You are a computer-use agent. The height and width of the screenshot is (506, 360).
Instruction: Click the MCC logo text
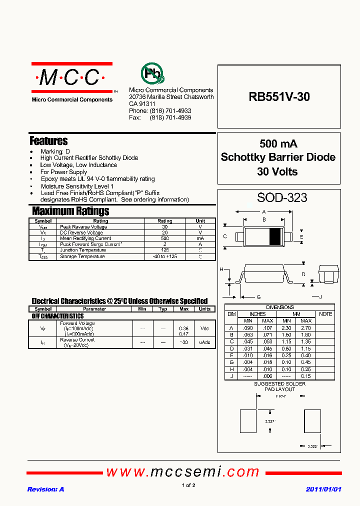(70, 77)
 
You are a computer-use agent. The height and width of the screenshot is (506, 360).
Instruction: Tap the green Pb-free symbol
(151, 73)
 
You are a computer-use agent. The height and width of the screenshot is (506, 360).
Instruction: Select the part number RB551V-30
(279, 97)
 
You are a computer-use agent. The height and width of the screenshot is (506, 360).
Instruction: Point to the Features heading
(48, 141)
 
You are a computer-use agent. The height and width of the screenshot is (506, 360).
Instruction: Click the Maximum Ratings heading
(70, 211)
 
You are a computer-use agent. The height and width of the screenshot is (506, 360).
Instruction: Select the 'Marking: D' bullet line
(55, 151)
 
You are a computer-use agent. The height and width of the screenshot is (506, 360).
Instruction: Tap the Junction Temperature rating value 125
(164, 250)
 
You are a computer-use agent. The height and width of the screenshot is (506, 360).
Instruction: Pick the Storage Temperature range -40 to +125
(164, 256)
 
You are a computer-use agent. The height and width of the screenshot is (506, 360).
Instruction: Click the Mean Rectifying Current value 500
(164, 238)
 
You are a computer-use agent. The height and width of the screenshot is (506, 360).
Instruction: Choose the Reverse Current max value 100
(184, 342)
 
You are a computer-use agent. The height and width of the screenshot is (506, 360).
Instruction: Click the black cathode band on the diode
(274, 236)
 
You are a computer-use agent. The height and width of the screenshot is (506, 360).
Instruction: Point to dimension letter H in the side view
(221, 269)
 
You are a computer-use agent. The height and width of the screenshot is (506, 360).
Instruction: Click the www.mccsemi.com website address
(183, 471)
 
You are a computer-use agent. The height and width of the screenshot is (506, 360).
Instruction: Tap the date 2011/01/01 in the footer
(323, 489)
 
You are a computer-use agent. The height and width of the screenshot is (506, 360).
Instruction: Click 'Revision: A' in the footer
(45, 489)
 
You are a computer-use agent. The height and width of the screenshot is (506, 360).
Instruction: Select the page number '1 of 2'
(188, 485)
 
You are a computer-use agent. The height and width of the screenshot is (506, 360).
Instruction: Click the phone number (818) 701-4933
(170, 110)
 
